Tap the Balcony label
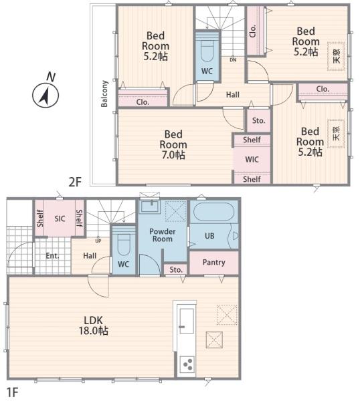coord(104,94)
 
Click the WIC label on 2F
coord(252,160)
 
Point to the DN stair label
coord(233,60)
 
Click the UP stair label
coord(98,241)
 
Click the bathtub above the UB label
coord(214,212)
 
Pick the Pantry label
coord(214,263)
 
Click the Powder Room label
coord(163,235)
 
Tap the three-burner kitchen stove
coord(187,364)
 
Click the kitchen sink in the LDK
coord(187,321)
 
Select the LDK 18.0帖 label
coord(94,325)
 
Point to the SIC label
coord(60,219)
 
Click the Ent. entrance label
coord(52,256)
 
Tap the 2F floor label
coord(75,182)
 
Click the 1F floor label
coord(12,392)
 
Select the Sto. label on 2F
coord(258,121)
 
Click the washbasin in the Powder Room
coord(151,206)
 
